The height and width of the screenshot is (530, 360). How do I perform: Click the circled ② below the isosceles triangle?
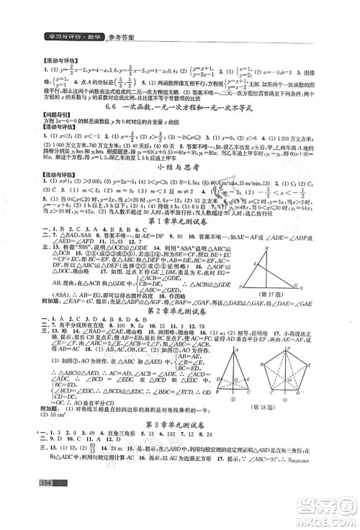point(233,400)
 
